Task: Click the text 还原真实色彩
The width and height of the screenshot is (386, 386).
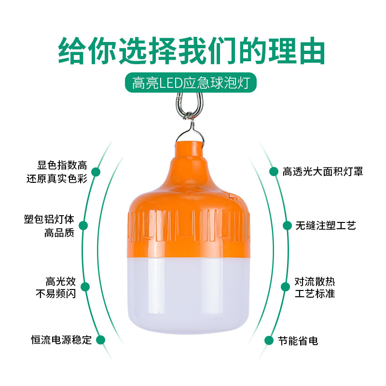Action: pos(56,179)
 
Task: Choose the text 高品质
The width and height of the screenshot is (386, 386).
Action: pos(59,233)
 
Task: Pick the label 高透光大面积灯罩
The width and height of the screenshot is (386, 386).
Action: pos(323,171)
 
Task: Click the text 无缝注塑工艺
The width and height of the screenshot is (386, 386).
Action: pos(326,225)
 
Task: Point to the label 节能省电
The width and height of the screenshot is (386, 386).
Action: pos(298,341)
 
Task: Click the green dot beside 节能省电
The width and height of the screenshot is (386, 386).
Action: pos(269,340)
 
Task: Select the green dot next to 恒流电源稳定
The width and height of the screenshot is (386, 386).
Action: pos(101,340)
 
